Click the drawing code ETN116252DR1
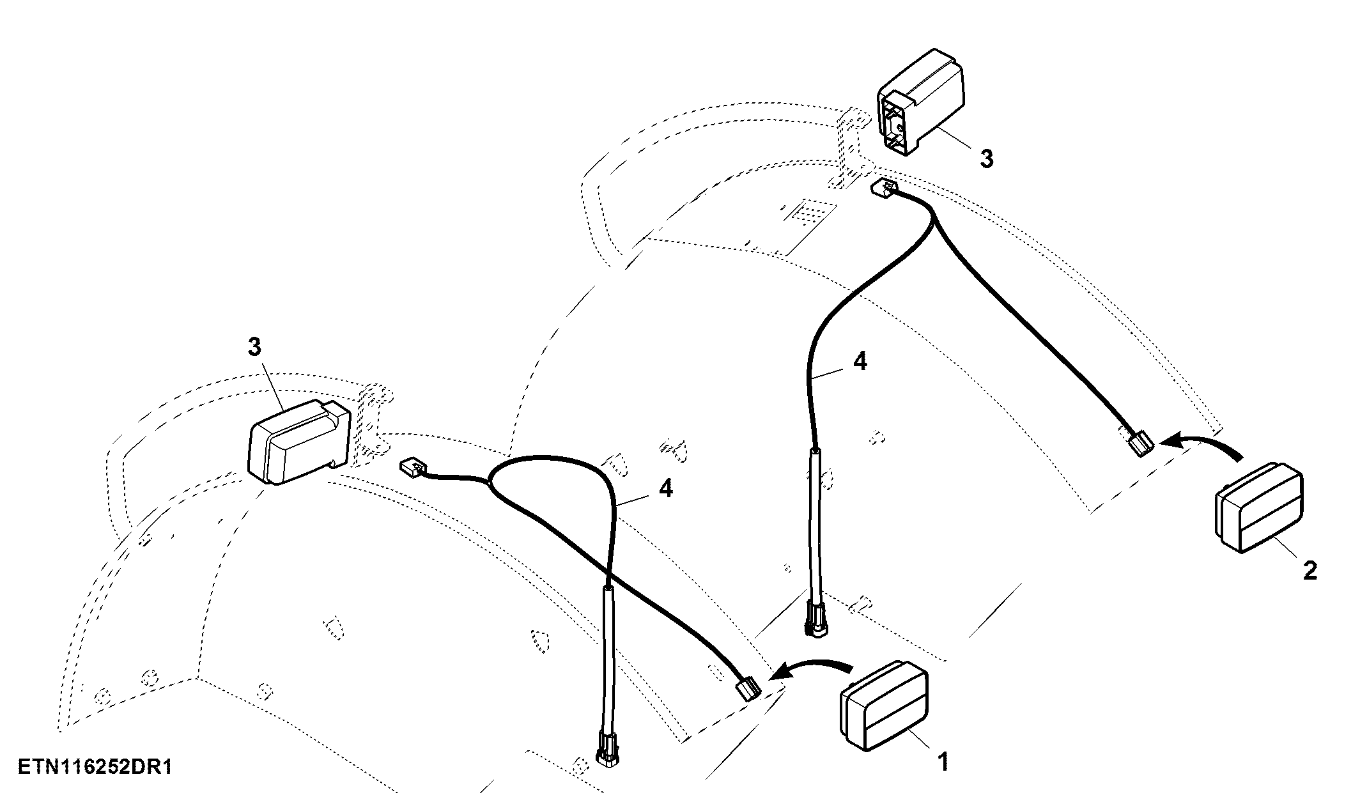coord(95,767)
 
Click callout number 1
coord(943,762)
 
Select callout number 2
coord(1310,571)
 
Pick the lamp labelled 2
coord(1257,507)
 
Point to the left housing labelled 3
coord(298,442)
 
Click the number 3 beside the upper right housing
coord(987,158)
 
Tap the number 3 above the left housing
coord(254,347)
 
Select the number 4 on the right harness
coord(860,362)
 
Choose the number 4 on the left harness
coord(665,490)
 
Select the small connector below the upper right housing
coord(883,187)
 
